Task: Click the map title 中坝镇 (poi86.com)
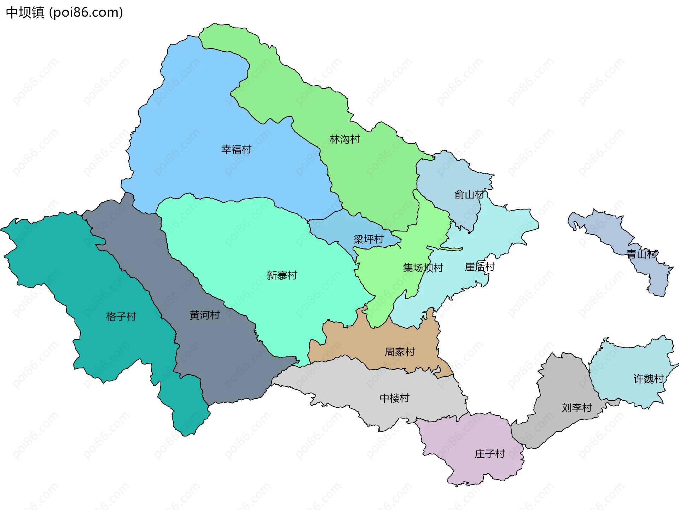[64, 12]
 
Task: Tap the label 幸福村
[236, 149]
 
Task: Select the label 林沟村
[345, 139]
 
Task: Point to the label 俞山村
[469, 195]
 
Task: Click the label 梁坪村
[368, 239]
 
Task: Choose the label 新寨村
[282, 275]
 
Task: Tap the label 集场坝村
[423, 268]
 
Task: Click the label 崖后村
[480, 267]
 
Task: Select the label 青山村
[642, 254]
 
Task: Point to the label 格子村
[121, 316]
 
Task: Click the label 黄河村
[204, 315]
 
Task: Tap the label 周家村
[400, 352]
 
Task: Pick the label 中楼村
[394, 398]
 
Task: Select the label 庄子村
[489, 454]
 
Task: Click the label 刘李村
[576, 408]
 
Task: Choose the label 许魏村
[648, 379]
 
